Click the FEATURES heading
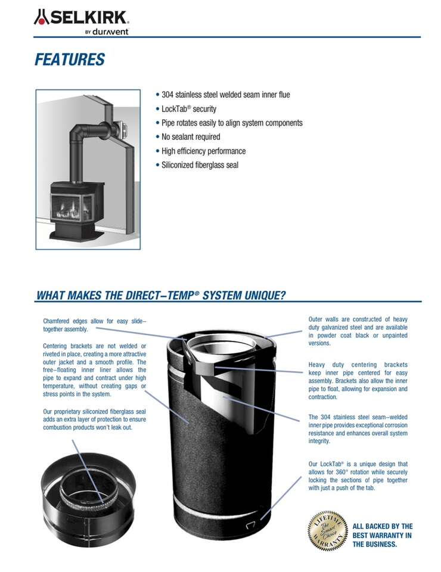[x=70, y=60]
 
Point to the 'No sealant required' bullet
[x=191, y=137]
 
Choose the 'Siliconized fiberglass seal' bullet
[x=200, y=165]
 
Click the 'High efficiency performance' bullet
[x=203, y=151]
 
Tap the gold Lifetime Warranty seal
[x=327, y=530]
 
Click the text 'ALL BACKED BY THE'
[x=383, y=527]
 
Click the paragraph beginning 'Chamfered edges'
[x=94, y=325]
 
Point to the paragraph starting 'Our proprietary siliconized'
[x=94, y=419]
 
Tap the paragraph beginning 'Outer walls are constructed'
[x=358, y=331]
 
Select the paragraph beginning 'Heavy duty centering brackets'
[x=358, y=381]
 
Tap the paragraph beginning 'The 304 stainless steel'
[x=358, y=429]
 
